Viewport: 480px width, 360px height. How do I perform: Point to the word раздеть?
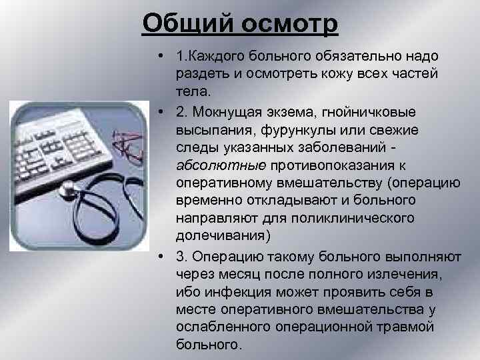pyautogui.click(x=202, y=74)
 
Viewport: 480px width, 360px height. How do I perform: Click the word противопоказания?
pyautogui.click(x=323, y=164)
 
